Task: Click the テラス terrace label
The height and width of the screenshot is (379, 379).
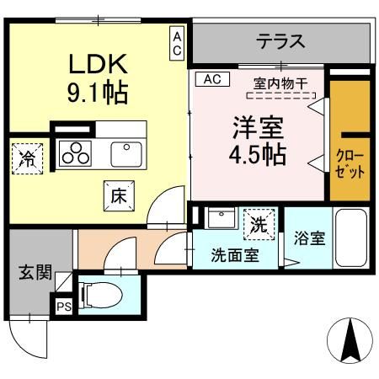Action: [280, 40]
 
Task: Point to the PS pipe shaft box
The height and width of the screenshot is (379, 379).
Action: [63, 307]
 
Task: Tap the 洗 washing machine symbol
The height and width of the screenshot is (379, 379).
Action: [259, 224]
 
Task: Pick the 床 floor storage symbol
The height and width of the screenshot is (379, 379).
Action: [117, 195]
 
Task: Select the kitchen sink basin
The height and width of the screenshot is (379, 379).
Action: [126, 154]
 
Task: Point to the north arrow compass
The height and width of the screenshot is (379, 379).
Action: [350, 340]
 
